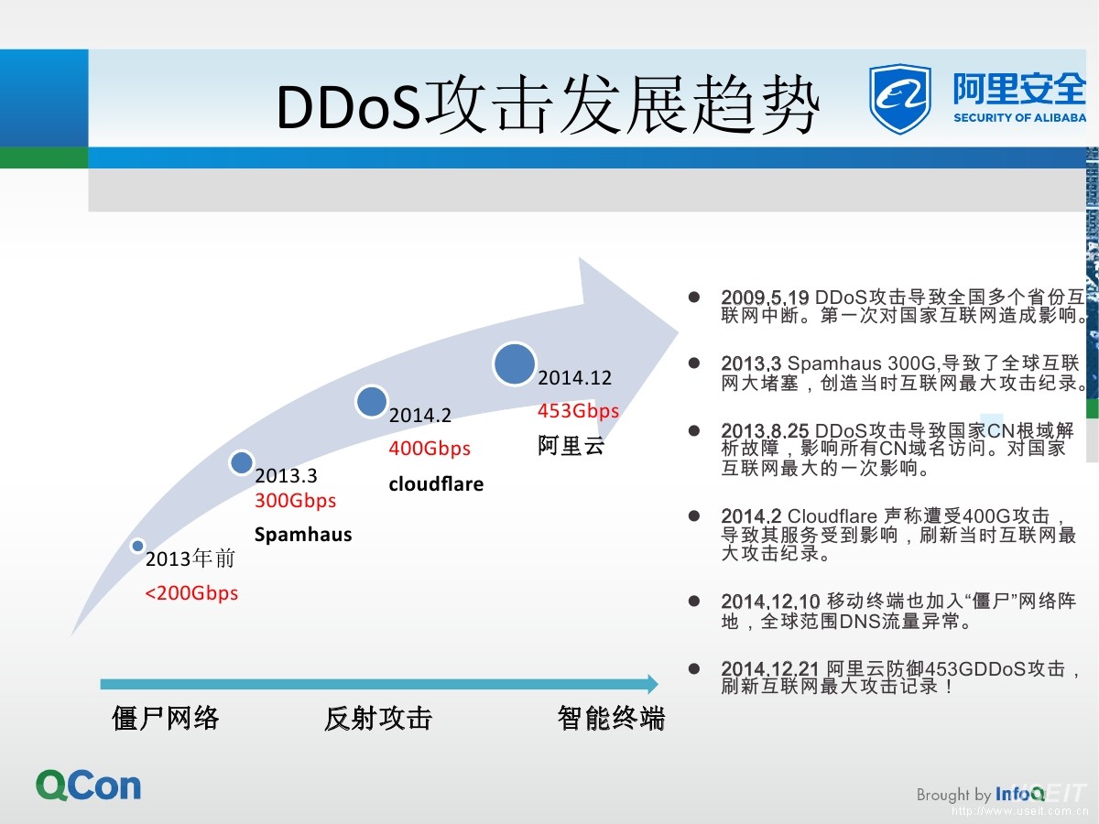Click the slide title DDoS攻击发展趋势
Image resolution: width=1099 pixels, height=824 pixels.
tap(548, 107)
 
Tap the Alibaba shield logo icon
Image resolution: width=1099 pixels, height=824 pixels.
tap(899, 98)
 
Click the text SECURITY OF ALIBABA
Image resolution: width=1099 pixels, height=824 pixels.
tap(1019, 118)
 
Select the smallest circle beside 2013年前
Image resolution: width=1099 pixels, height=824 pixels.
tap(137, 546)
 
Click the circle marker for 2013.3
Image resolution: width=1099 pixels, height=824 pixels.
tap(241, 463)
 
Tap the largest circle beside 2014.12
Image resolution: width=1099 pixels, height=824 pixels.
tap(514, 363)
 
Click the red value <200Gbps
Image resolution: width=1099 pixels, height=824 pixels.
tap(191, 593)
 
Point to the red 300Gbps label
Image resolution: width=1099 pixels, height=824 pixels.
tap(295, 501)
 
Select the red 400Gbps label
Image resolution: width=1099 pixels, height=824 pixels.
tap(429, 449)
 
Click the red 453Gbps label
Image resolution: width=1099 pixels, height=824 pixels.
tap(578, 411)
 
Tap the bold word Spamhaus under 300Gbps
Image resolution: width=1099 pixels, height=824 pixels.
tap(302, 535)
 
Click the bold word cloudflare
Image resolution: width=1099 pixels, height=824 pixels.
tap(436, 483)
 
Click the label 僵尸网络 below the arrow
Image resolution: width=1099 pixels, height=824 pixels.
tap(166, 719)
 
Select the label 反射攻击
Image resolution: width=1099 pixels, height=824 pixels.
tap(377, 719)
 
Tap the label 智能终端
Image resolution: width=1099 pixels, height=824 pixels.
tap(611, 719)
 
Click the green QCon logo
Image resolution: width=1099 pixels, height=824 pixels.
tap(89, 786)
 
